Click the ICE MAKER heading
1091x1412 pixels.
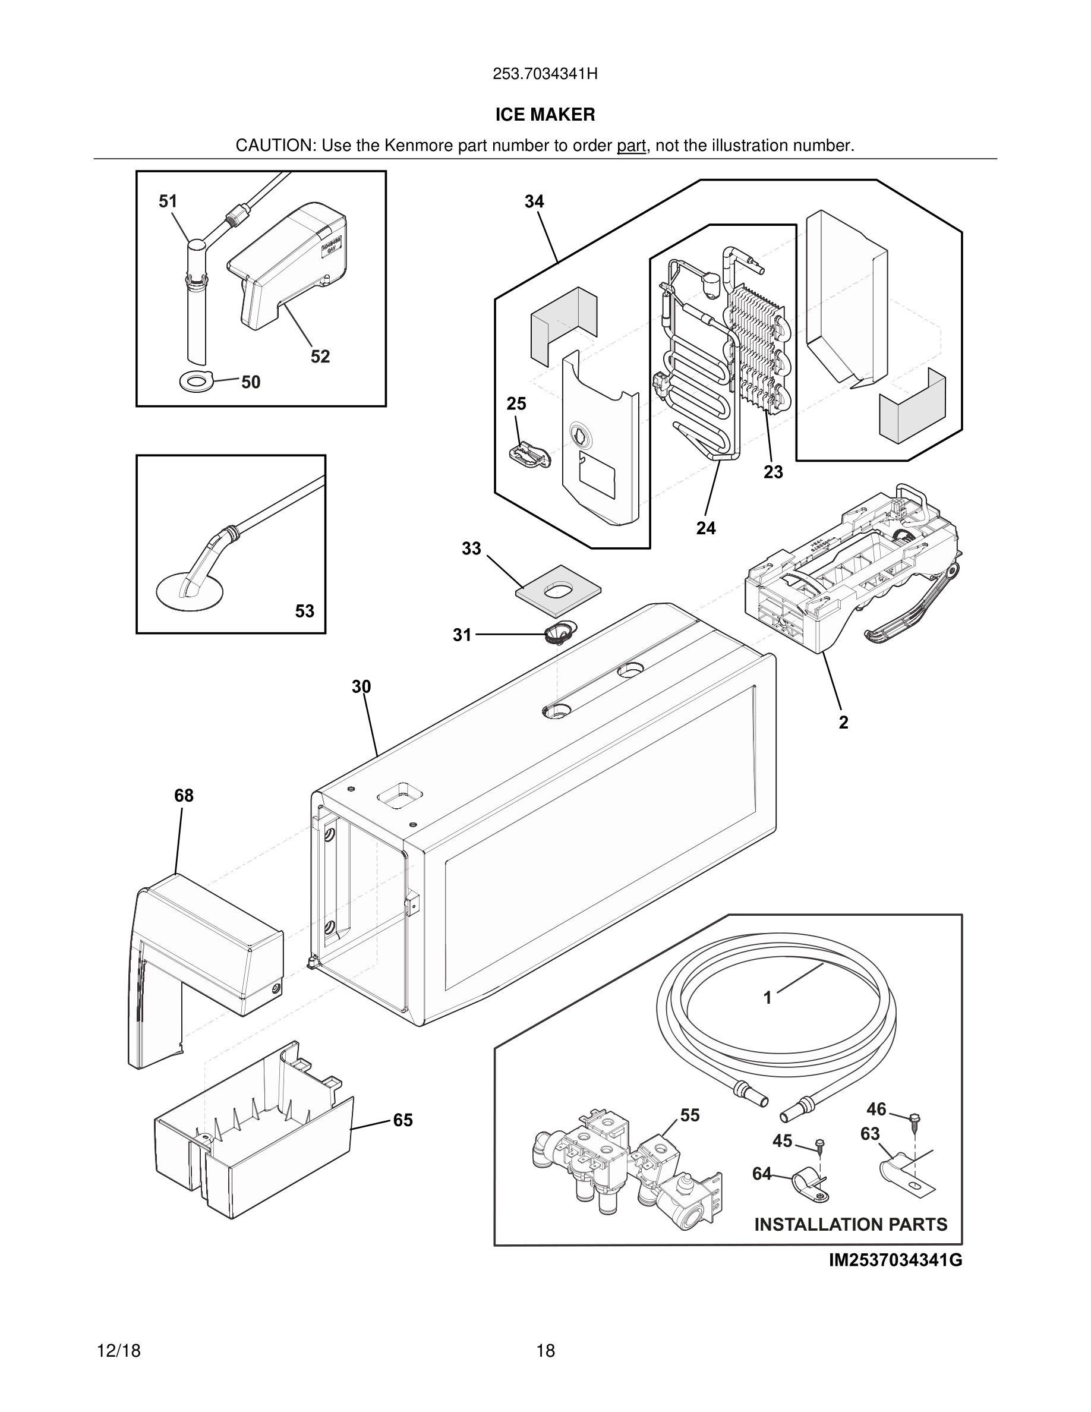(545, 115)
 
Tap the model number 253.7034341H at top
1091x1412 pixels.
(545, 74)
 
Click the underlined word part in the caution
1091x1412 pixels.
(631, 146)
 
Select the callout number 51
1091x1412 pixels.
(168, 201)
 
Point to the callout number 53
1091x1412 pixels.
(304, 611)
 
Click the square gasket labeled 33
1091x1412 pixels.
(559, 590)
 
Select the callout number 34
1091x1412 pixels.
(534, 201)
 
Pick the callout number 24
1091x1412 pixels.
(706, 528)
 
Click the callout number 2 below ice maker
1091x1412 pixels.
(843, 723)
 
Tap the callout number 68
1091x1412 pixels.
(184, 796)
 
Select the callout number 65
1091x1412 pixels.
(403, 1120)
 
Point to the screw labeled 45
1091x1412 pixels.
(819, 1146)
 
